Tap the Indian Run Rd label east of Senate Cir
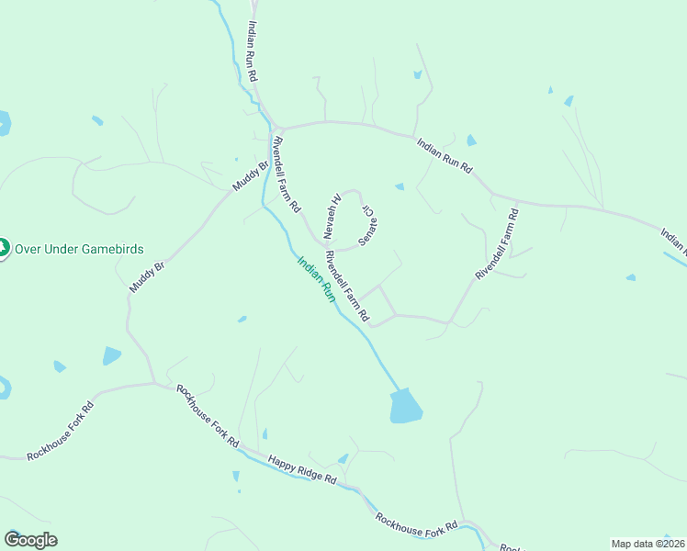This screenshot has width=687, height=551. pos(444,156)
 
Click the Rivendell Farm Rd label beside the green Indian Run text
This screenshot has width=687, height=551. pos(347,287)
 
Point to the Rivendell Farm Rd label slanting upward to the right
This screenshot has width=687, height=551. pos(497,244)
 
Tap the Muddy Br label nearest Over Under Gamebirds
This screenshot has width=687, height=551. pos(147,276)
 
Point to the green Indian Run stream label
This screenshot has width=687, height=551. pos(315,279)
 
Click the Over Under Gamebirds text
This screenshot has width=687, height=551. pos(78,250)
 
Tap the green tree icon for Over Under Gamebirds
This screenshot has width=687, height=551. pos(3,248)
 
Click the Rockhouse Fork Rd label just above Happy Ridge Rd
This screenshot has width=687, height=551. pos(207,416)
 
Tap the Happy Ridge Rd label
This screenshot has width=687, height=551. pos(302,469)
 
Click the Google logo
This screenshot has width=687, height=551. pos(30,540)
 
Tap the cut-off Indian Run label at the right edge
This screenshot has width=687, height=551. pos(673,241)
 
